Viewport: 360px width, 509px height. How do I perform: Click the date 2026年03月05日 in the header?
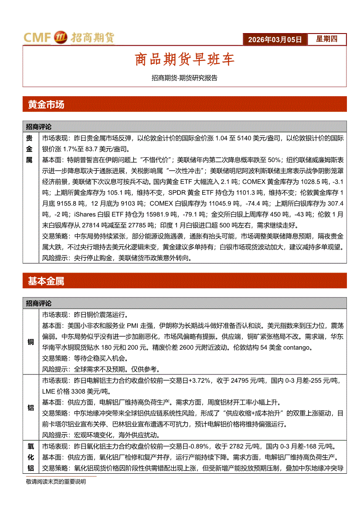click(275, 40)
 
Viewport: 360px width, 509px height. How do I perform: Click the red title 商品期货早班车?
click(185, 60)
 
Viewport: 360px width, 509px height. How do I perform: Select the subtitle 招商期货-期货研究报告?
click(184, 78)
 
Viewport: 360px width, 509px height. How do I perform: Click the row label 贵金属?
click(30, 149)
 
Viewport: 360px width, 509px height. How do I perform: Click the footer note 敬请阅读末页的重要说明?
click(56, 482)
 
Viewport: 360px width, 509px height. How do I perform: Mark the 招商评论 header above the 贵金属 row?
click(39, 127)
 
